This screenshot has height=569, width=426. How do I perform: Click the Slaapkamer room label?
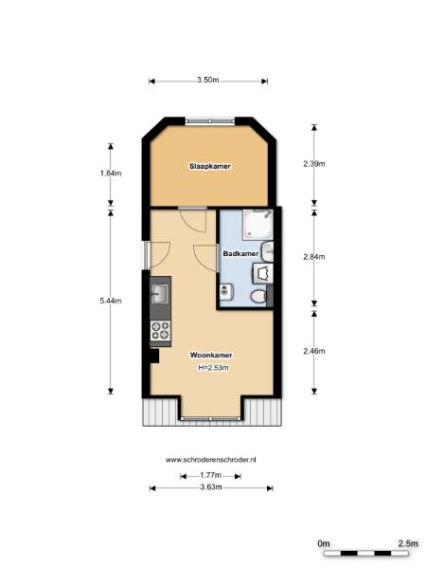click(210, 166)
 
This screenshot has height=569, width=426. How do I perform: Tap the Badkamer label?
click(240, 253)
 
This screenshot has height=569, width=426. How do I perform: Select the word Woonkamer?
click(211, 355)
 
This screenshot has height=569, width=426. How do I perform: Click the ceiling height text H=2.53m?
click(213, 368)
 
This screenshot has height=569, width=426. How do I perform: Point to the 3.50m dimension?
click(208, 81)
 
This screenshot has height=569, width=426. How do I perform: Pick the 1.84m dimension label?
click(111, 174)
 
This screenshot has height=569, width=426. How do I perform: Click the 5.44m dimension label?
click(111, 301)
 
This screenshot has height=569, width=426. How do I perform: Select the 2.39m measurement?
click(314, 164)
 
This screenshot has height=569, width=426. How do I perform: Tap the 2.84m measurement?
click(314, 257)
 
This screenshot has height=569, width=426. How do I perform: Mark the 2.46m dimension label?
click(314, 351)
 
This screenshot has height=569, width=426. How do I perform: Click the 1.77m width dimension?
click(210, 475)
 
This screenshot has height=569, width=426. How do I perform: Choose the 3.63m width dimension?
click(211, 487)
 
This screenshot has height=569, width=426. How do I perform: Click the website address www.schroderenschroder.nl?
click(211, 460)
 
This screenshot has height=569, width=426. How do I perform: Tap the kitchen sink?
click(160, 293)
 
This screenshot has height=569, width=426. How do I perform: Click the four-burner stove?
click(161, 331)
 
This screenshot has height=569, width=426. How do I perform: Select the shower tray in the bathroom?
click(257, 225)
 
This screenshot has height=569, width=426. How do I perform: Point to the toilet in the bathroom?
click(259, 297)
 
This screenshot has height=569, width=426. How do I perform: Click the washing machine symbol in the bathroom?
click(262, 274)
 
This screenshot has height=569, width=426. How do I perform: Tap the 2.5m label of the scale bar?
click(408, 543)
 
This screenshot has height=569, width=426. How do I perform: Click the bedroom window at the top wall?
click(210, 120)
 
